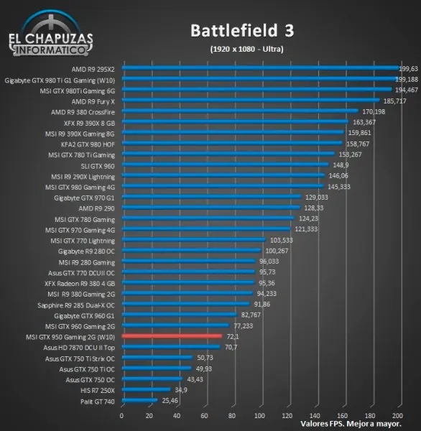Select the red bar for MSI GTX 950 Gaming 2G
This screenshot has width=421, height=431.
click(172, 336)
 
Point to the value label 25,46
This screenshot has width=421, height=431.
click(170, 400)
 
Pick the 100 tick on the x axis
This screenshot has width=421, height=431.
click(260, 416)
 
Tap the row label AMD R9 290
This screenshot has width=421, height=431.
click(97, 208)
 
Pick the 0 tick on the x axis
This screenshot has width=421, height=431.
click(122, 416)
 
